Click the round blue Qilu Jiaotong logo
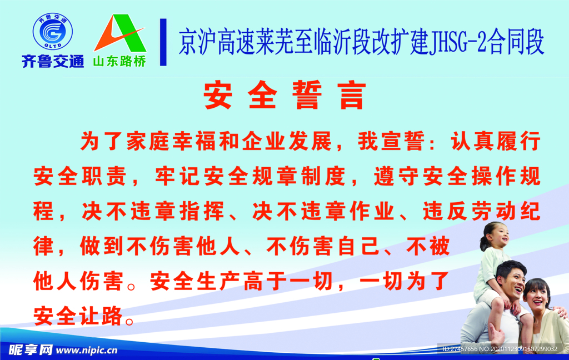tap(53, 32)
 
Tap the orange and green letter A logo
tap(120, 33)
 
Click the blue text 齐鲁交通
tap(53, 61)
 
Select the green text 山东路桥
tap(119, 61)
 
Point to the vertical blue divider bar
tap(163, 42)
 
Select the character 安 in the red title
tap(218, 94)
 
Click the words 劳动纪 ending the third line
tap(506, 211)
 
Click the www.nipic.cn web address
tap(87, 350)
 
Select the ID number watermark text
tap(500, 349)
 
